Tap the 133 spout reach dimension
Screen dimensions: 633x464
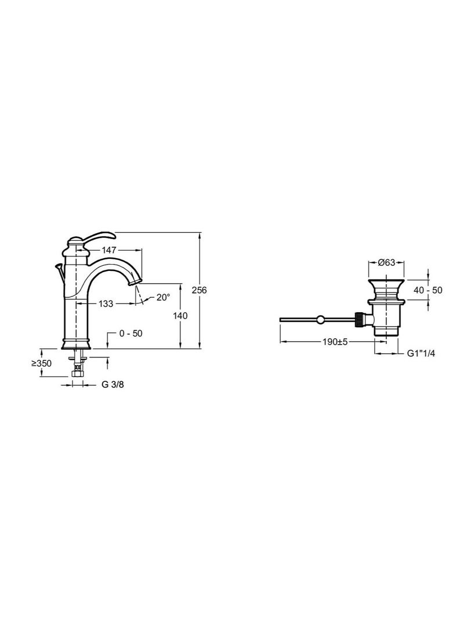coord(106,303)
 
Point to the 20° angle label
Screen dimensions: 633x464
coord(163,298)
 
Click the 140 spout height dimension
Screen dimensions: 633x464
coord(181,316)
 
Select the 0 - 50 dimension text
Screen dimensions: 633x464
coord(130,334)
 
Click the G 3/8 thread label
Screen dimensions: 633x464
coord(113,384)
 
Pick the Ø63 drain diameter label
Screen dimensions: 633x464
coord(386,263)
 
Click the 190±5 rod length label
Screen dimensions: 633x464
coord(335,342)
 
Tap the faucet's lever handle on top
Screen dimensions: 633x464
coord(99,236)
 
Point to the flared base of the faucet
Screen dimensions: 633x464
coord(76,343)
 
